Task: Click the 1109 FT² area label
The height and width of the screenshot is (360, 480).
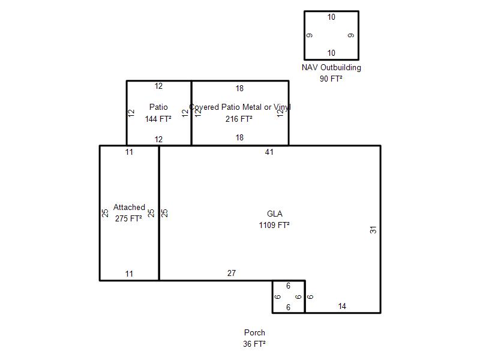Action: tap(274, 226)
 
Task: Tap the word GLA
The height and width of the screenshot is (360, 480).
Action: tap(275, 214)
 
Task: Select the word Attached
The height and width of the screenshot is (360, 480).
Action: tap(129, 207)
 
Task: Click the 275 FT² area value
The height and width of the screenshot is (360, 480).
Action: tap(128, 218)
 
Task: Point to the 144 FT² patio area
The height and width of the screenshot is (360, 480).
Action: tap(158, 119)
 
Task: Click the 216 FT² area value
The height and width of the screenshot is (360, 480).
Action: tap(239, 119)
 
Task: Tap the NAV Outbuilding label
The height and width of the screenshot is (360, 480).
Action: tap(331, 67)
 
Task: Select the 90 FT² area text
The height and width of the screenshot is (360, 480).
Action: tap(331, 79)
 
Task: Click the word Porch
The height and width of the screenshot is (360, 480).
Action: tap(254, 332)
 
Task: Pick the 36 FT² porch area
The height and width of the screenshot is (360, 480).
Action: tap(254, 344)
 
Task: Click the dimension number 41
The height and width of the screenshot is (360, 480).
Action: tap(269, 152)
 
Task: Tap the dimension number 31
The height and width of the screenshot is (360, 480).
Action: tap(373, 230)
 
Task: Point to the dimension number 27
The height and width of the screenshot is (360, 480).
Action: tap(232, 273)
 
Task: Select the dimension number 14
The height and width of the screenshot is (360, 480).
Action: tap(342, 306)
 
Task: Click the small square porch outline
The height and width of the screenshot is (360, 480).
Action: tap(272, 296)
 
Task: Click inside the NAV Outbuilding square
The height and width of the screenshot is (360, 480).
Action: tap(332, 35)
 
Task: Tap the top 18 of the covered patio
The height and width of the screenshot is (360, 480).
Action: tap(239, 88)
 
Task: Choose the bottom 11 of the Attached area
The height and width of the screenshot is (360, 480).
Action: tap(129, 274)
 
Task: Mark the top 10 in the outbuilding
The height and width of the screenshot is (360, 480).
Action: tap(331, 17)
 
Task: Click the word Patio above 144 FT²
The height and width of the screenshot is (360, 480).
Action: tap(158, 107)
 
